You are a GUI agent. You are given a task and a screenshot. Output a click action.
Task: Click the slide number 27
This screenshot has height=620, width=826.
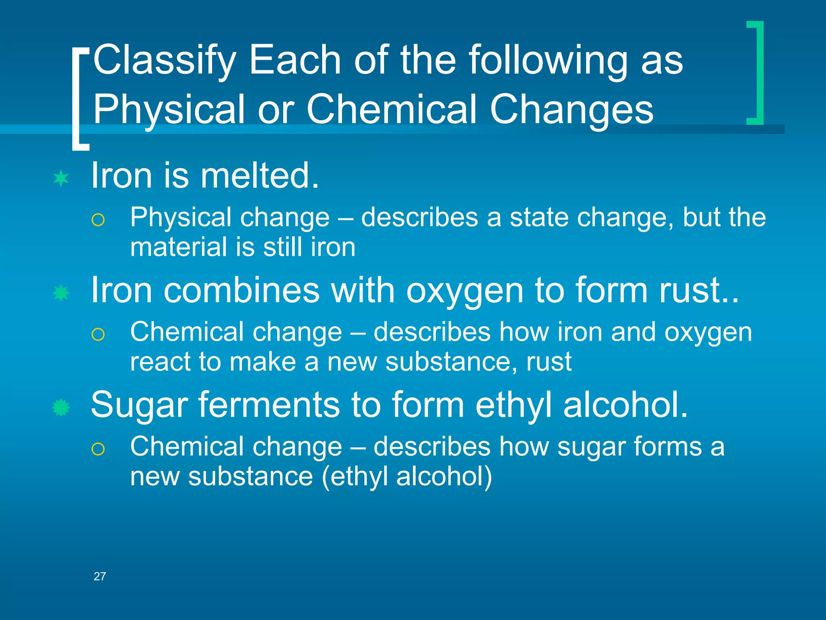click(100, 576)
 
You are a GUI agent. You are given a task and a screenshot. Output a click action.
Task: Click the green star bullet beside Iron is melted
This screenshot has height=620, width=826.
click(61, 178)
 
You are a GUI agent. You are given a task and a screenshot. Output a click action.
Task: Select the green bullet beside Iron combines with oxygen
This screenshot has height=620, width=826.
click(61, 293)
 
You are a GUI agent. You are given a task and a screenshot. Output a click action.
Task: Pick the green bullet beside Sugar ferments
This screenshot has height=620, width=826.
click(61, 408)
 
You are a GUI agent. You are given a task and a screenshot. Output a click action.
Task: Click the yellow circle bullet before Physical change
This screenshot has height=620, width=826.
click(98, 220)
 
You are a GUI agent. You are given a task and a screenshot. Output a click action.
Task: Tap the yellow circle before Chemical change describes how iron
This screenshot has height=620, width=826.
click(98, 335)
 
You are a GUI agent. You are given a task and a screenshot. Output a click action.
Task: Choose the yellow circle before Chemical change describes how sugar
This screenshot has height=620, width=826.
click(98, 449)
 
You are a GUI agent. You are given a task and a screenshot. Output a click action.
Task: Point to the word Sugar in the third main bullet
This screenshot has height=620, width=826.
click(140, 405)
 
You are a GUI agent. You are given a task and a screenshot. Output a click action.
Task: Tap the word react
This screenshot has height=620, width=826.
click(160, 362)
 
